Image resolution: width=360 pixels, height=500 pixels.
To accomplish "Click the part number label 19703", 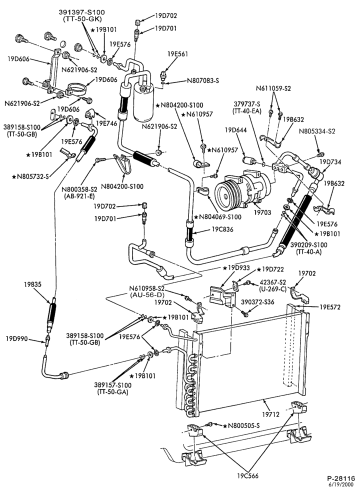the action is (262, 211).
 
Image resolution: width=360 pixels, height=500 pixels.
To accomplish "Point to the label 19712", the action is (270, 414).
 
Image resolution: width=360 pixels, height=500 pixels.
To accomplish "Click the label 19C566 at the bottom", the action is (248, 476).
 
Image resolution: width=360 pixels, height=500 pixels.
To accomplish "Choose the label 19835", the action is (32, 284).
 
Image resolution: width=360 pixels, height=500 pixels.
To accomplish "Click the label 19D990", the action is (17, 338).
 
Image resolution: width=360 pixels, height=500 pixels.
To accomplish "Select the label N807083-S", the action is (203, 80).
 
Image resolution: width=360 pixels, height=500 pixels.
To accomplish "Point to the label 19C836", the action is (222, 229).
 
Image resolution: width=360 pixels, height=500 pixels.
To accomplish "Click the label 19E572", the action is (330, 307).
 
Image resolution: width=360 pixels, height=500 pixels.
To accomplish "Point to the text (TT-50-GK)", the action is (82, 19).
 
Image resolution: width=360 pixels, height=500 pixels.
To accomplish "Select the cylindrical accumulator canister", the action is (143, 101).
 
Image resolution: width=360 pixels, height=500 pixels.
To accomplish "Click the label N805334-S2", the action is (317, 131).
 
